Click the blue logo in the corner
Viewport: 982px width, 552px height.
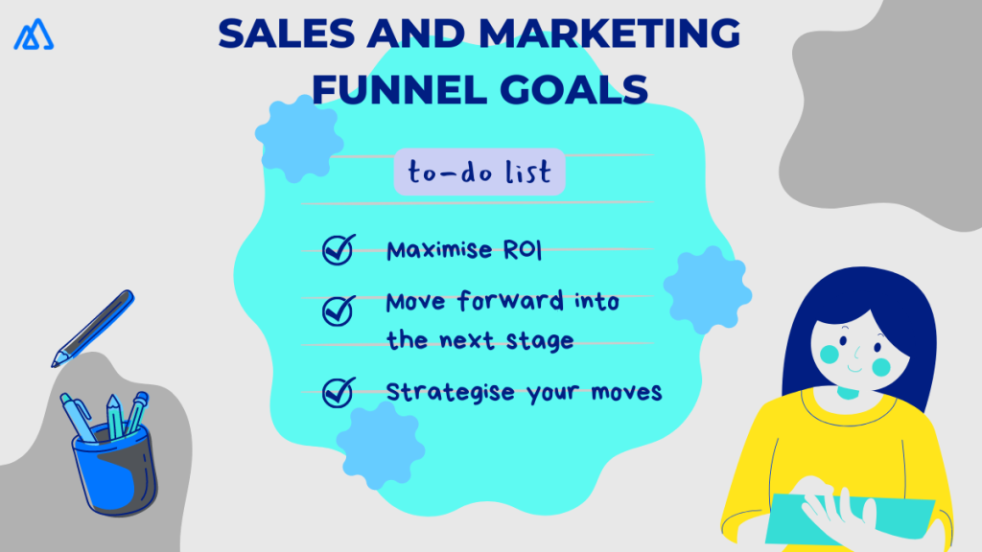click(34, 35)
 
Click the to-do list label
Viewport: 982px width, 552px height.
click(479, 172)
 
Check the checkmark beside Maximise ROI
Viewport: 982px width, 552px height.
click(338, 249)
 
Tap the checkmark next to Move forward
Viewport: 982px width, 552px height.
click(338, 310)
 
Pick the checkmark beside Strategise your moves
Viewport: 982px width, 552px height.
click(338, 392)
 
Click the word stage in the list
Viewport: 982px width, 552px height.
click(542, 341)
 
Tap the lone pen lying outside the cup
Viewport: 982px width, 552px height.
click(93, 328)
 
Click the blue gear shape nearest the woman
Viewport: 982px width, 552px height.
click(706, 290)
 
